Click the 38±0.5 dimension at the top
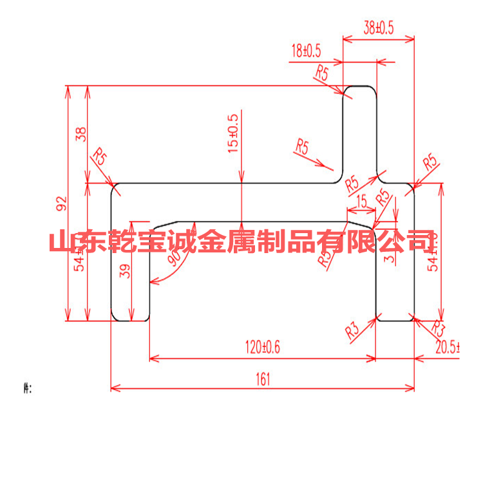coord(378,28)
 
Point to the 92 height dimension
coord(62,204)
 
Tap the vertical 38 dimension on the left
coord(81,134)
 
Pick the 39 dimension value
coord(126,272)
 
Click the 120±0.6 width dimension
coord(263,348)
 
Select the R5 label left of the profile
coord(100,156)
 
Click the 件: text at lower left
coord(26,388)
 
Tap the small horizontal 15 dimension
coord(361,202)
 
